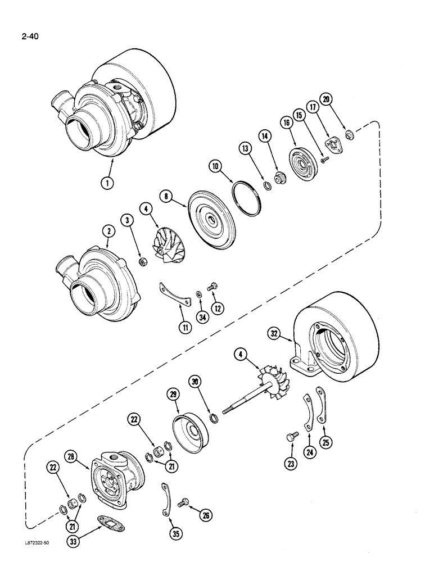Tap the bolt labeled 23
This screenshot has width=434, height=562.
(291, 437)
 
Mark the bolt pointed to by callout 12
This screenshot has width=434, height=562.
(213, 288)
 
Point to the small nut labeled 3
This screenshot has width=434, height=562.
(143, 261)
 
